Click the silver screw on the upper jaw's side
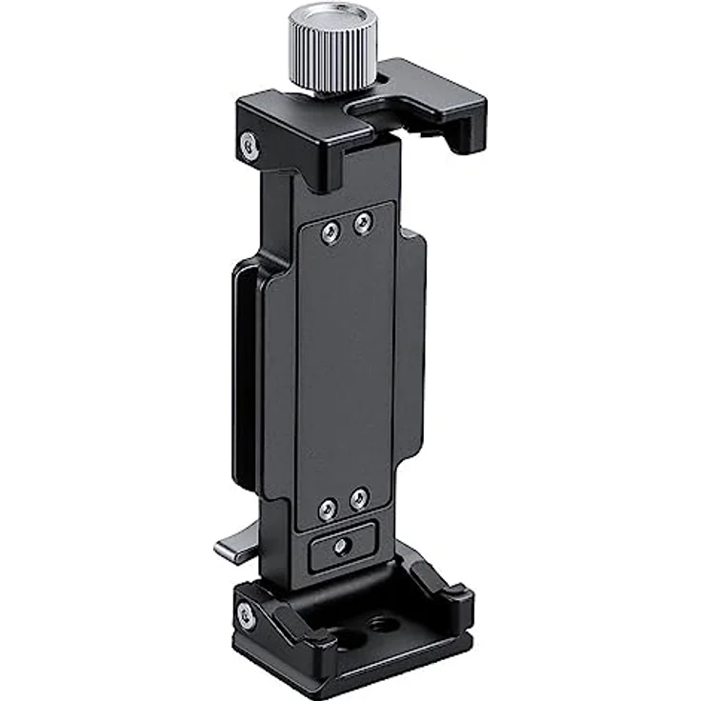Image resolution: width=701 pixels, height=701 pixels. (249, 145)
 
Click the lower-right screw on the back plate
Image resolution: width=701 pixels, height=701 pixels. (358, 498)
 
